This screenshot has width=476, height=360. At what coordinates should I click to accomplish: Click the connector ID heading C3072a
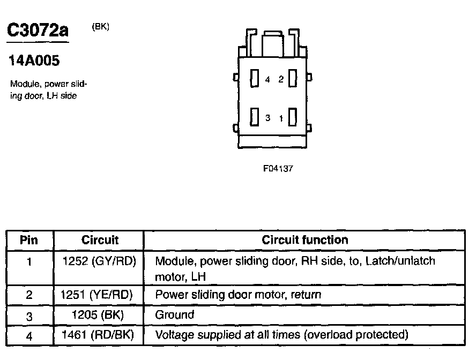(38, 30)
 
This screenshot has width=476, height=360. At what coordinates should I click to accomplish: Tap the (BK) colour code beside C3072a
(101, 27)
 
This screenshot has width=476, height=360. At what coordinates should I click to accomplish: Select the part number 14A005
(34, 61)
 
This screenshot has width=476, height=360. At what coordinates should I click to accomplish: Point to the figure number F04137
(278, 168)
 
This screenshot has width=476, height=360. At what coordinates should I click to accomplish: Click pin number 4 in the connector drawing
(267, 80)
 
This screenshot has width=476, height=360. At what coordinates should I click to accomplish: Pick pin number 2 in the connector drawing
(280, 80)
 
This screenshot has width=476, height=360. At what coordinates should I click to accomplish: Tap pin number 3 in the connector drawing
(267, 118)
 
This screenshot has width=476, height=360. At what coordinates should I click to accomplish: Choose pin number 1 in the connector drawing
(280, 118)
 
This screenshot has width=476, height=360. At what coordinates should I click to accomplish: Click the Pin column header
(29, 240)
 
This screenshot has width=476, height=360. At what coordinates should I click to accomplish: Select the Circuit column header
(100, 240)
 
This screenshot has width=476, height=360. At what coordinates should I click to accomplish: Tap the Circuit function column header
(304, 240)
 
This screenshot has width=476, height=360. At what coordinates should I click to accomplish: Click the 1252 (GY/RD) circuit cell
(100, 261)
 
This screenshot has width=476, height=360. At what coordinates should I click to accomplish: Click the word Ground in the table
(174, 315)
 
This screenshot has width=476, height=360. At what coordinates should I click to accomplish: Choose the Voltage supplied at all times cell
(281, 335)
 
